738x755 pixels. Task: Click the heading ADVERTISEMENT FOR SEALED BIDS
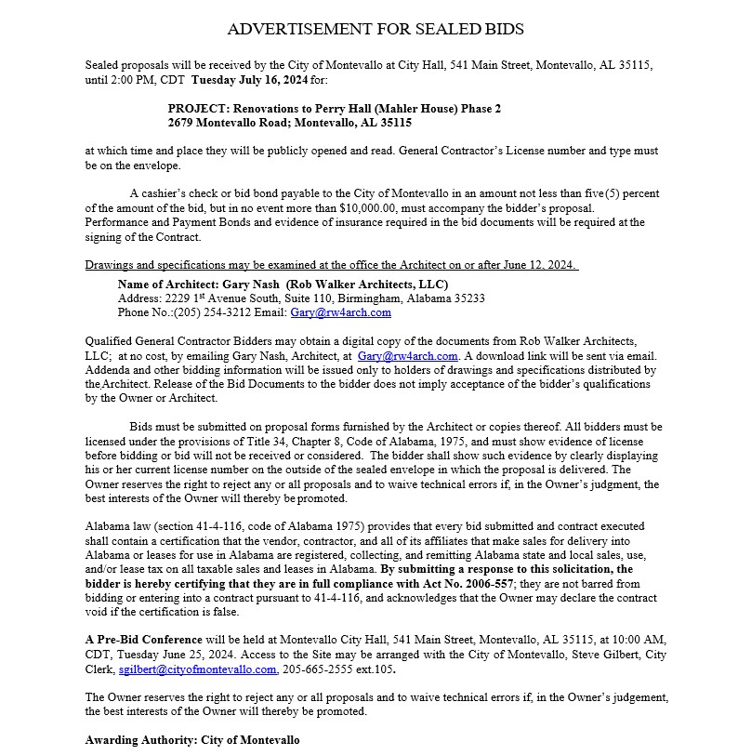[376, 29]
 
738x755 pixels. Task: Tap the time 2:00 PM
[133, 80]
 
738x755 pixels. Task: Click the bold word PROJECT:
[197, 109]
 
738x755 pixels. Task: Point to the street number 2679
[183, 123]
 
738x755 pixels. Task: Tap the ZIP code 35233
[465, 298]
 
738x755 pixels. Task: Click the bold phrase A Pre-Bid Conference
[144, 641]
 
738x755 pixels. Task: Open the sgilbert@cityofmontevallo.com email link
[197, 669]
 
